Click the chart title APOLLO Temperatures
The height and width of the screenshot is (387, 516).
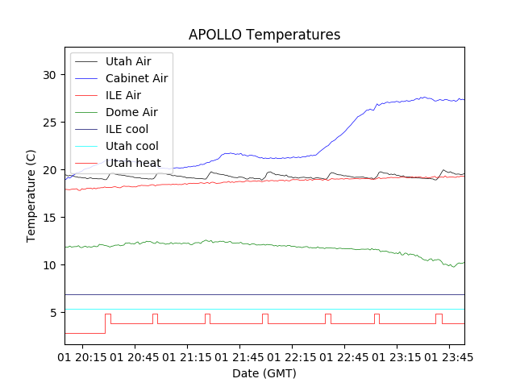click(264, 35)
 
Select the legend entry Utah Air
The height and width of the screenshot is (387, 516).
click(127, 61)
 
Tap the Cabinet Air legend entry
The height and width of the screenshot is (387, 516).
click(136, 78)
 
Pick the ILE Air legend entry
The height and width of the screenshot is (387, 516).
click(123, 95)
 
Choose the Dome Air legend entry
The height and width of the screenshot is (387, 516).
click(131, 112)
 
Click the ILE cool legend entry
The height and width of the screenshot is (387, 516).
click(127, 129)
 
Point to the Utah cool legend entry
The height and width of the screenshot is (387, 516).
click(131, 146)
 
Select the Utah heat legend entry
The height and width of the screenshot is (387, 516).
click(131, 163)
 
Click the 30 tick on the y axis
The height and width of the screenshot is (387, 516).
click(51, 75)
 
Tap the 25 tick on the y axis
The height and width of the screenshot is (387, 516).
click(51, 123)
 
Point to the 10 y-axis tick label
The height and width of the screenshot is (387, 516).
click(51, 265)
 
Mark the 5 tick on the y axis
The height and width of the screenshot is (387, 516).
click(54, 313)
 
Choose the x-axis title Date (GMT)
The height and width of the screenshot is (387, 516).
click(264, 373)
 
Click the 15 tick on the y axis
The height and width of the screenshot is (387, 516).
click(51, 218)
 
